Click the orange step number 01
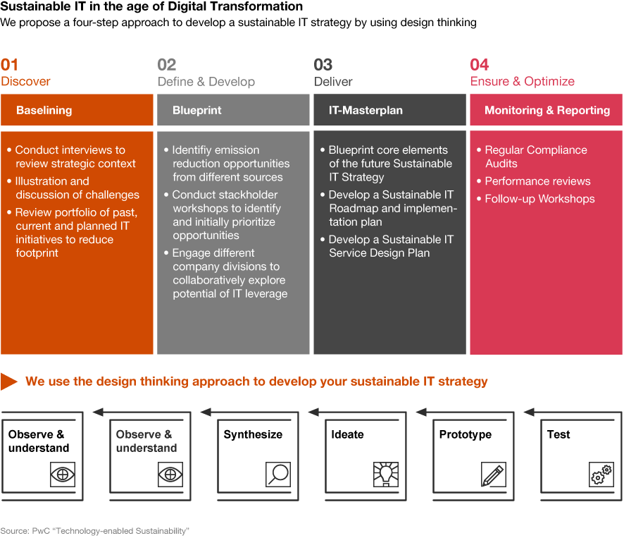10,65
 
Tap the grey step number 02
166,65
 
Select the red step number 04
479,65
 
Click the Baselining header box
77,110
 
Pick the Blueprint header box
233,110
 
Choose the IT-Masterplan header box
389,110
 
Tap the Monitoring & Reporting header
546,110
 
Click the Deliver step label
333,82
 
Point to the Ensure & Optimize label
522,82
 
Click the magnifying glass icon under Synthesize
278,475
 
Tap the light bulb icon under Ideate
386,475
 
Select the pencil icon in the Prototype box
494,475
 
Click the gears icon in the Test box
601,475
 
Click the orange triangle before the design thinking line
8,381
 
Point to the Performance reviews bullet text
537,181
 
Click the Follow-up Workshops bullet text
539,199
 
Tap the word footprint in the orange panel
37,253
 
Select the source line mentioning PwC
94,531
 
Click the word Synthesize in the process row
253,434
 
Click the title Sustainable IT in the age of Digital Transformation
151,6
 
